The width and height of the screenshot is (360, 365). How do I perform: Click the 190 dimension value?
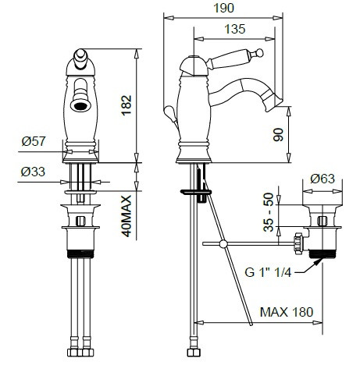pos(223,8)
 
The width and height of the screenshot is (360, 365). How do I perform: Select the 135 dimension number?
pos(235,29)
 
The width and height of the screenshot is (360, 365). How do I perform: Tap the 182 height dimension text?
pos(127,105)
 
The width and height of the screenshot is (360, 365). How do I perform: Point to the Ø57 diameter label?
pos(34,141)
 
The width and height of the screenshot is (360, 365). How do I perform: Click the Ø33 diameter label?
pos(33,172)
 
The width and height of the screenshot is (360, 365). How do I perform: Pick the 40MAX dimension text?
pos(127,216)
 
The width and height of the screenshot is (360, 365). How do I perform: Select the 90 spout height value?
pos(279,134)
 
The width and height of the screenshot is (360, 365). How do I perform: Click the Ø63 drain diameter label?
pos(323,179)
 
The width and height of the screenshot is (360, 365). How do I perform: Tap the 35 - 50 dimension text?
pos(269,212)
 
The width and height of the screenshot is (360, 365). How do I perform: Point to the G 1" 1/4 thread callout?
pos(268,272)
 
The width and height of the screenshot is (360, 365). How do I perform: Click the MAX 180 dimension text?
pos(287,312)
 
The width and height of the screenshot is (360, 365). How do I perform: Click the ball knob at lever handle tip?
pos(259,53)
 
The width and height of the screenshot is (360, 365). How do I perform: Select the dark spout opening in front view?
pos(81,106)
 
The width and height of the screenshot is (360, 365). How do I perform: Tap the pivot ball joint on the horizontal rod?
pos(223,244)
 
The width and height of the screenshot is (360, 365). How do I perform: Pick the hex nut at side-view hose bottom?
pos(193,353)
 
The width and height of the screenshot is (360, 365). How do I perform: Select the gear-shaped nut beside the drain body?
pos(298,242)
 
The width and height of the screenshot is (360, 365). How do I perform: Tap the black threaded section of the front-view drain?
pos(80,253)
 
